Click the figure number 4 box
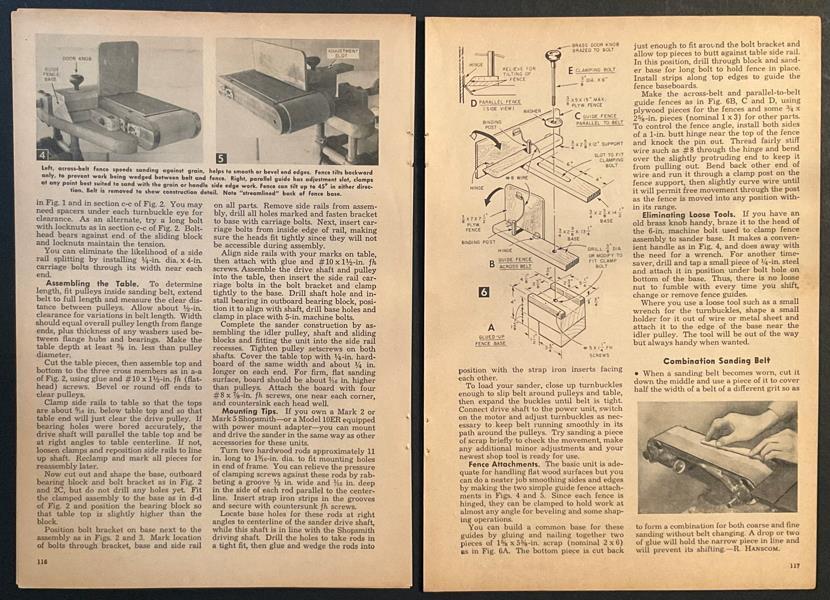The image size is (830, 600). coord(43,155)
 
